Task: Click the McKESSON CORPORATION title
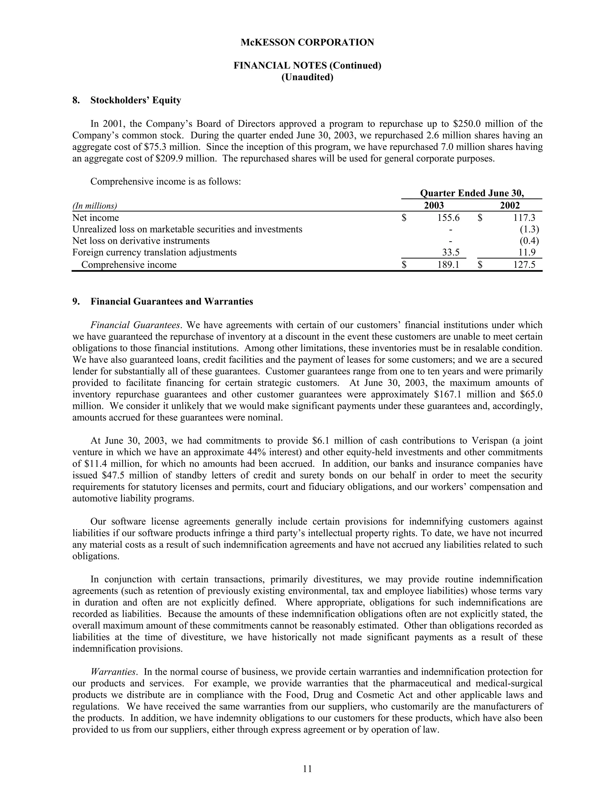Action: pos(307,43)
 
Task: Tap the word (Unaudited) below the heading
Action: pos(307,77)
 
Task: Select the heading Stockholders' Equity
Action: pos(135,100)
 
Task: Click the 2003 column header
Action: pos(434,205)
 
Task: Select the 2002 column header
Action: pos(509,205)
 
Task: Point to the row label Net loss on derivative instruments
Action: pos(141,241)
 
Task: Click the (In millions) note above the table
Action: pos(95,206)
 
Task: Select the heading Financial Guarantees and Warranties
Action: pos(171,302)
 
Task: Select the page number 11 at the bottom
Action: pos(307,769)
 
